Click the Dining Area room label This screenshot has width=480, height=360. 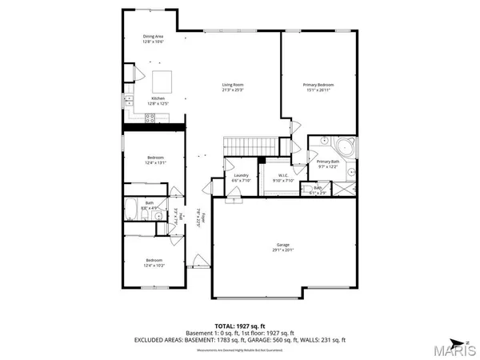click(154, 37)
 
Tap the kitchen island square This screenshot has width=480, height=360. click(163, 81)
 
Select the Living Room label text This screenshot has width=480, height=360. click(233, 84)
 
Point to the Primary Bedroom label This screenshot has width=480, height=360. click(318, 84)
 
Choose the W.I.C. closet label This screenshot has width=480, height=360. click(283, 175)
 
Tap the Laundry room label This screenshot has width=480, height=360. click(241, 175)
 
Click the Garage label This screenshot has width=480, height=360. click(283, 245)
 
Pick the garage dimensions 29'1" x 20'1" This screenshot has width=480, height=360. click(283, 250)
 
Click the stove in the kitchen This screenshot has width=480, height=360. click(150, 118)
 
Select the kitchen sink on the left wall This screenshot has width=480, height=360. click(126, 100)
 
